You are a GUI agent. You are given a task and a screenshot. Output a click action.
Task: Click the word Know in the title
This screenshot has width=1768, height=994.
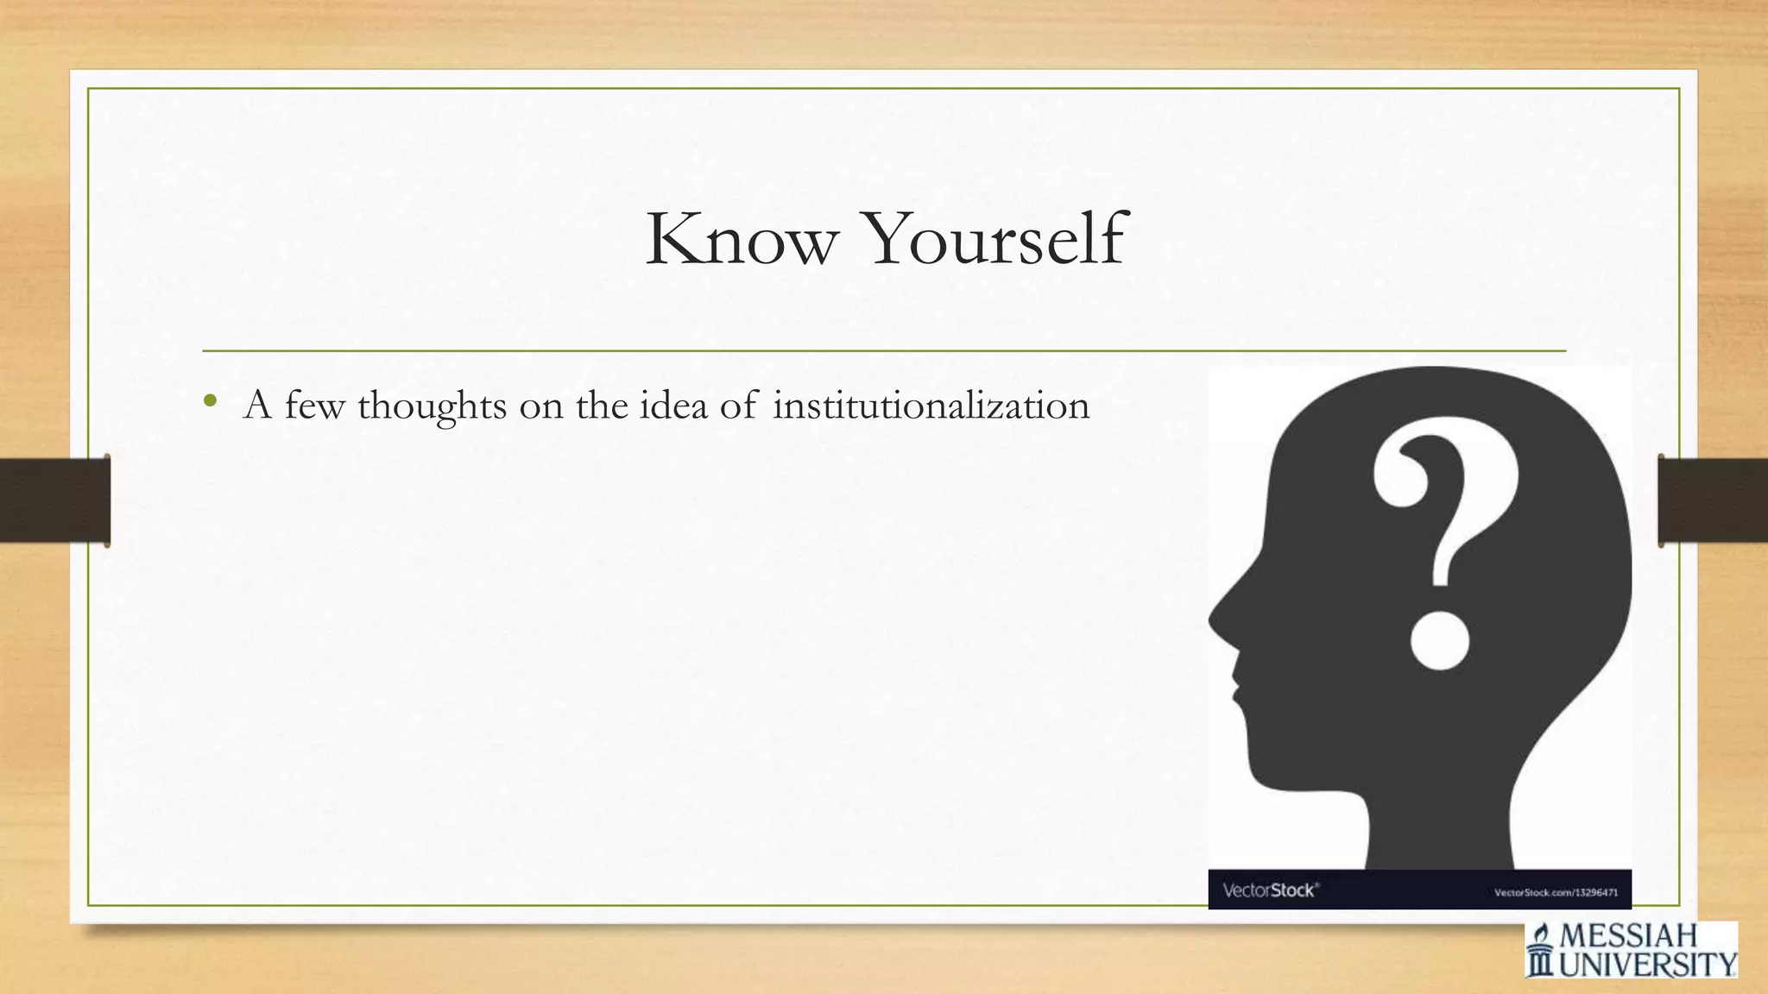point(742,238)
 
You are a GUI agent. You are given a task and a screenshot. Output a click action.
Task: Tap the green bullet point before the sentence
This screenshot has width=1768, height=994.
point(210,400)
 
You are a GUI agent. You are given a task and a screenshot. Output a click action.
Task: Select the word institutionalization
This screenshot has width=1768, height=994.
point(931,406)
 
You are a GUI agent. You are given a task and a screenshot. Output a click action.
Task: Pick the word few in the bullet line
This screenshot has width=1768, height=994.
point(314,406)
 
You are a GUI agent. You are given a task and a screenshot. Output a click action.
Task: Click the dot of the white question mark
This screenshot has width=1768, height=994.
point(1439,640)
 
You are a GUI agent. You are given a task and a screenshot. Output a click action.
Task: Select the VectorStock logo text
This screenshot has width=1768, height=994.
point(1270,890)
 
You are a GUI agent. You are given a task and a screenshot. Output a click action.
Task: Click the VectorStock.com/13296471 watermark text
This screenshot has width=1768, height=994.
point(1556,892)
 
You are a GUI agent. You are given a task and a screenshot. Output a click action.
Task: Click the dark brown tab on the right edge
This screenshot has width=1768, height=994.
point(1713,500)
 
